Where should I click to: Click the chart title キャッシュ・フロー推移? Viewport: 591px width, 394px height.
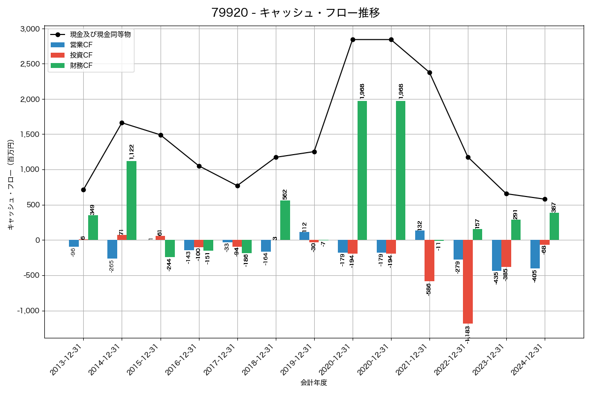[x=295, y=13]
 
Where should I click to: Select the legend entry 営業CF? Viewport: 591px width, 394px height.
[x=81, y=45]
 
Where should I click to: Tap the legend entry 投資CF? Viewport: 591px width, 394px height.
[x=81, y=55]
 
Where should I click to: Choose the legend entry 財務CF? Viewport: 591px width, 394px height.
[x=81, y=66]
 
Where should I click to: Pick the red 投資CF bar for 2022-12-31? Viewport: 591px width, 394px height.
[x=468, y=282]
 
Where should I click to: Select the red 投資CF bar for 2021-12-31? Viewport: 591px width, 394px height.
[x=429, y=261]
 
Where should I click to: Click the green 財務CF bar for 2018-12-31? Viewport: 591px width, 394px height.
[x=285, y=220]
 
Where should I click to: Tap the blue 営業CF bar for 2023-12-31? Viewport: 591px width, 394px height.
[x=496, y=255]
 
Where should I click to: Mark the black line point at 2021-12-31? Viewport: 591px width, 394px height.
[x=429, y=72]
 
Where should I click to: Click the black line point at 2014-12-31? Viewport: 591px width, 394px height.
[x=122, y=123]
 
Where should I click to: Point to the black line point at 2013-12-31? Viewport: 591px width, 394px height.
[x=83, y=190]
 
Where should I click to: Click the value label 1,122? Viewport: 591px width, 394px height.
[x=131, y=152]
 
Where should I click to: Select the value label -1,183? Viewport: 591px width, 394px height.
[x=468, y=333]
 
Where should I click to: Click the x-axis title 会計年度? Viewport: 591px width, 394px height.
[x=314, y=383]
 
